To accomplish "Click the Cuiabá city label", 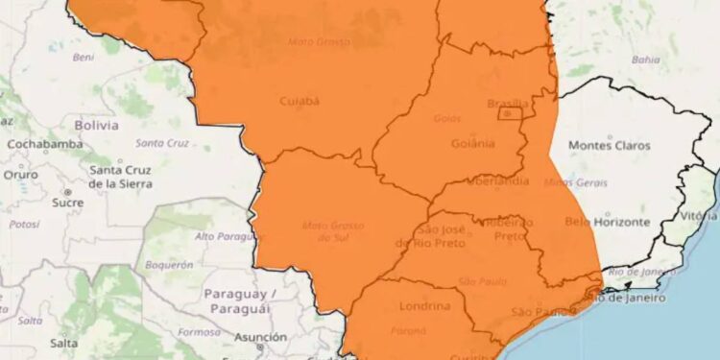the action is pyautogui.click(x=300, y=100).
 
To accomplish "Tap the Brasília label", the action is pyautogui.click(x=508, y=104).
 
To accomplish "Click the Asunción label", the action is pyautogui.click(x=259, y=337).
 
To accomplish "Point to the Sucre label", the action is pyautogui.click(x=67, y=203).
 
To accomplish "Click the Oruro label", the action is pyautogui.click(x=21, y=175).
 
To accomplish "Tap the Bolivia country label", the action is pyautogui.click(x=96, y=125).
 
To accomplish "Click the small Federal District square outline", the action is pyautogui.click(x=508, y=114).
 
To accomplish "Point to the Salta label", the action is pyautogui.click(x=63, y=342).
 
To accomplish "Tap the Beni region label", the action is pyautogui.click(x=84, y=58).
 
